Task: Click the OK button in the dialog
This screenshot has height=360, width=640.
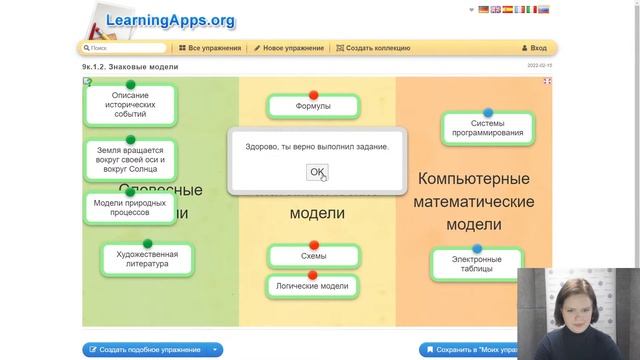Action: [317, 172]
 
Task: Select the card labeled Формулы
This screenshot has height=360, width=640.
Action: [313, 106]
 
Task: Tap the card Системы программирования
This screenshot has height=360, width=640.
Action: [487, 128]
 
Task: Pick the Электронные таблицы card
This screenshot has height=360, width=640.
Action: [476, 265]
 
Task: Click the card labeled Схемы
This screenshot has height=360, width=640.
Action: [313, 256]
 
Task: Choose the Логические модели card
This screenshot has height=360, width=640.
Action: [313, 286]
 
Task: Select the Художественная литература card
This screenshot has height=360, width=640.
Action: [146, 260]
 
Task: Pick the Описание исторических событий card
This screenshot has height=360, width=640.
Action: [129, 105]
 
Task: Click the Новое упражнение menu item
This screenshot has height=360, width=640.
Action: [289, 48]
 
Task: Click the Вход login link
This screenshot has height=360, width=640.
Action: [534, 48]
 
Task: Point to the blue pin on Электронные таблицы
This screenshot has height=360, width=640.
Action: [476, 248]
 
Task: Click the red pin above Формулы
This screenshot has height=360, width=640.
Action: [313, 94]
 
